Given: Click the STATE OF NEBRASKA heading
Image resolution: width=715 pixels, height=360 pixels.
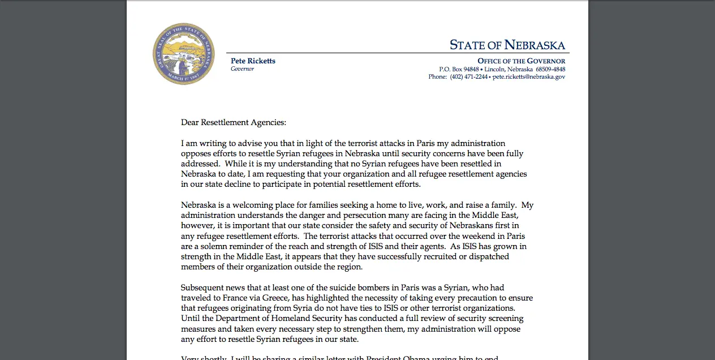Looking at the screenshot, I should [507, 45].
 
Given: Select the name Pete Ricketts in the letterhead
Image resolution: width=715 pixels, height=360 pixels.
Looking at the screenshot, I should [253, 61].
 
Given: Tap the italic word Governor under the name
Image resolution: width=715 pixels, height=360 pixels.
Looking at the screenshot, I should [242, 69].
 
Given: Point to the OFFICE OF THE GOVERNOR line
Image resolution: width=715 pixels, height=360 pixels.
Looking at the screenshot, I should [521, 61].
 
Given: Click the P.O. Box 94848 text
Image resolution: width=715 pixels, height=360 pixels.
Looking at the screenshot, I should [459, 69].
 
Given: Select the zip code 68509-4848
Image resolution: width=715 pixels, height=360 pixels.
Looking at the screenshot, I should [550, 69].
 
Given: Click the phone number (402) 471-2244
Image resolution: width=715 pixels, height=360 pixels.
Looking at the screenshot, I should [469, 77].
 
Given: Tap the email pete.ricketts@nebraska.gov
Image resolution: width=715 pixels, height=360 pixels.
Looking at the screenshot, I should [528, 77].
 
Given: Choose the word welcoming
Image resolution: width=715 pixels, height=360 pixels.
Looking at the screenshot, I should [254, 205].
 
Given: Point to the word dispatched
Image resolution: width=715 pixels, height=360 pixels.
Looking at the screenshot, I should [487, 256].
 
